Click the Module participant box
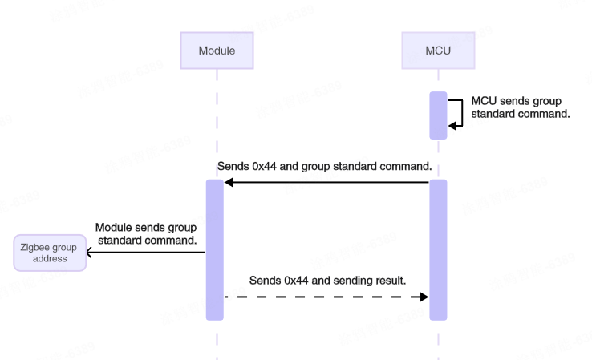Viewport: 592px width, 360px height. (217, 50)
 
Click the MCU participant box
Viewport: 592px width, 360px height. (438, 50)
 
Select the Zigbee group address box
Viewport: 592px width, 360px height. (49, 253)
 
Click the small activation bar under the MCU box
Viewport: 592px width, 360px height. (438, 115)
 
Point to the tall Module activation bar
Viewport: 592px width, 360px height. (215, 249)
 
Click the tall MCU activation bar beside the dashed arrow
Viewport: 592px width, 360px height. (438, 249)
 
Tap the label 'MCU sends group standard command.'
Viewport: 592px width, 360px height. (521, 107)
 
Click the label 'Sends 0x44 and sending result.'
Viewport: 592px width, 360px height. (328, 281)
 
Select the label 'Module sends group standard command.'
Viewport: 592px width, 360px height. (146, 233)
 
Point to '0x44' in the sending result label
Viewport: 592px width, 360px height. (298, 281)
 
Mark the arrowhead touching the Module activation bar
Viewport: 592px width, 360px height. (229, 183)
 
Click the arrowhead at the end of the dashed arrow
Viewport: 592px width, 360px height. (424, 297)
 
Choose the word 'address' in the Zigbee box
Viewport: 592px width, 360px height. (49, 259)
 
